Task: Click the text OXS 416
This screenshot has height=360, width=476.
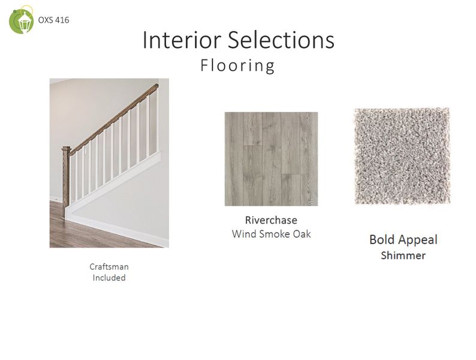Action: coord(53,20)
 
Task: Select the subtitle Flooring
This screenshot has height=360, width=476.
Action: coord(238,65)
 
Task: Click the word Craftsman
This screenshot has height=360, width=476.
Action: coord(109,266)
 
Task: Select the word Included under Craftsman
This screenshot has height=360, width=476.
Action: coord(109,278)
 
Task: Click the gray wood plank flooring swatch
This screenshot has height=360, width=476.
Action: coord(271,159)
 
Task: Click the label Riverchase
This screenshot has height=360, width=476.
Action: coord(271,220)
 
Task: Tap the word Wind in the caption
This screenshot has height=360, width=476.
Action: coord(243,234)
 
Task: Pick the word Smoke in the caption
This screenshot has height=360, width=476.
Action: coord(273,234)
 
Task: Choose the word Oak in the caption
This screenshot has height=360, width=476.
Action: coord(302,234)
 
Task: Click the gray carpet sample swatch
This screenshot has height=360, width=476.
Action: coord(401,156)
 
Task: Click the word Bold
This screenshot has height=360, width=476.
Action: coord(381,240)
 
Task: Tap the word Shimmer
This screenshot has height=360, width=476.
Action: coord(403,256)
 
